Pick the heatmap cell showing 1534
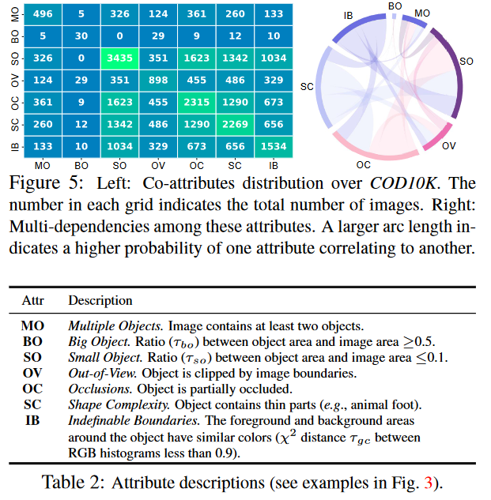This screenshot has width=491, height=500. [x=273, y=146]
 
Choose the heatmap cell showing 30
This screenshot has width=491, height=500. [x=81, y=36]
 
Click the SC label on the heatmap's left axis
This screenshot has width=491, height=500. [x=9, y=125]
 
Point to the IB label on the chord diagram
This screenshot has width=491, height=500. [x=349, y=15]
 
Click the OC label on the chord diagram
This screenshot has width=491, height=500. [x=363, y=164]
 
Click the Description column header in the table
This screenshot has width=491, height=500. [x=100, y=301]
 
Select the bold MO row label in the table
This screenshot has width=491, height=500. [x=33, y=325]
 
